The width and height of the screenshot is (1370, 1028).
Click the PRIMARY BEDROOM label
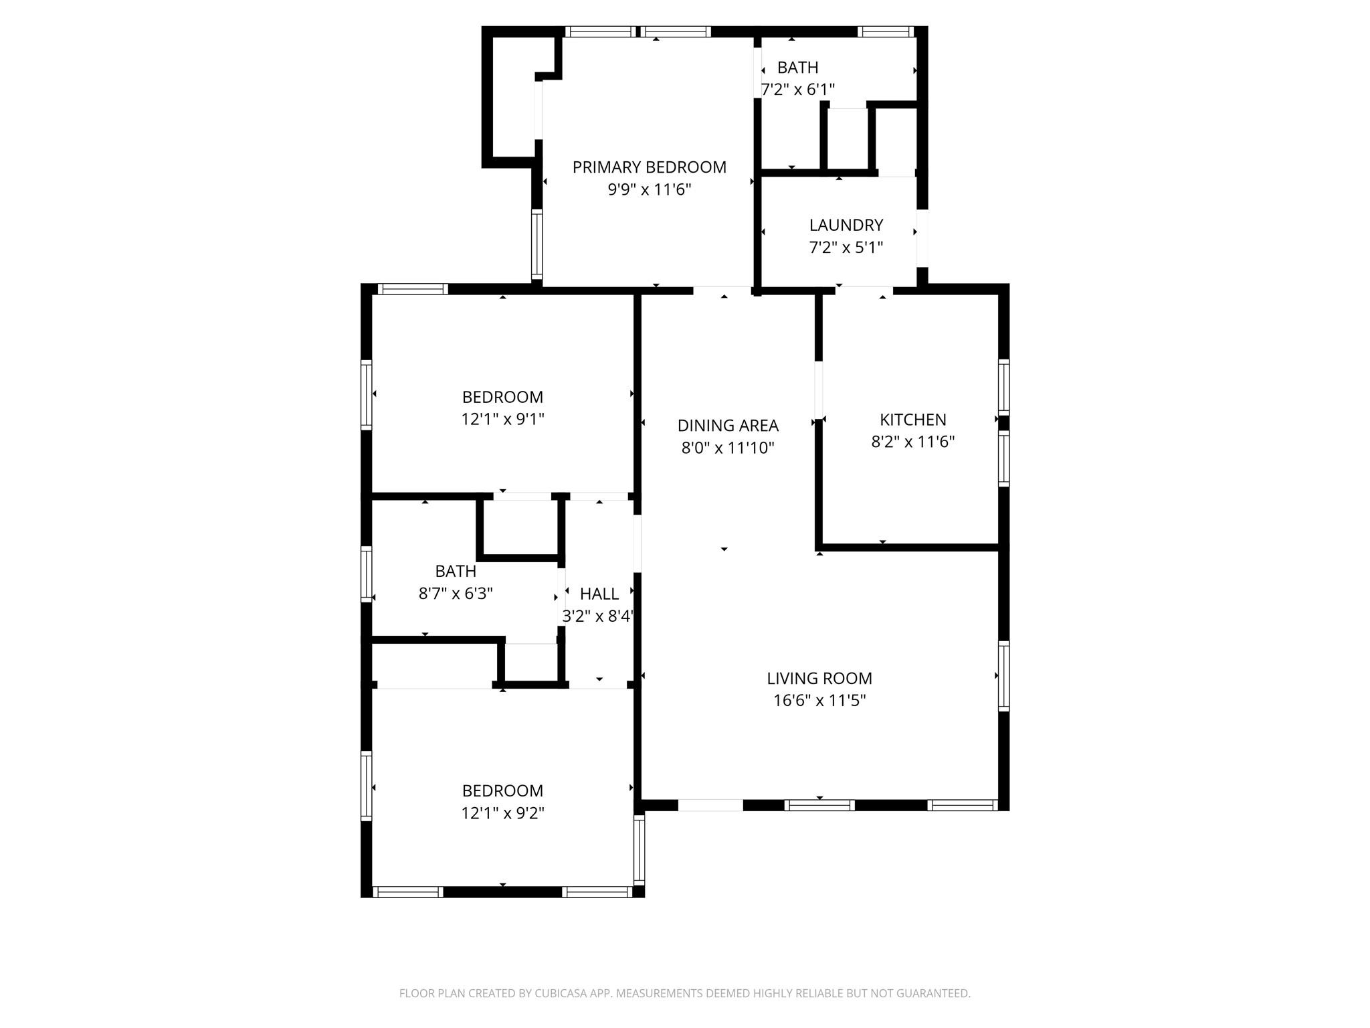(649, 167)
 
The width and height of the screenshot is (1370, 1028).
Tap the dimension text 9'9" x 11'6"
(649, 190)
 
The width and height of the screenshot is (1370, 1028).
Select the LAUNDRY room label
(846, 225)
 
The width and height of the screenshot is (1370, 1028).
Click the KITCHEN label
(912, 420)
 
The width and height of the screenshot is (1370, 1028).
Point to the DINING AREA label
(728, 426)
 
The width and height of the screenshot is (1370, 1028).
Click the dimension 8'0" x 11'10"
(728, 448)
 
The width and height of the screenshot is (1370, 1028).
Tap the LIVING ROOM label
(819, 679)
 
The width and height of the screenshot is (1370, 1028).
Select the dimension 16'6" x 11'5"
(819, 701)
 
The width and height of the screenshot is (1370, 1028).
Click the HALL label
(599, 594)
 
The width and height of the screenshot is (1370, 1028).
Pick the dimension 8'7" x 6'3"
(456, 594)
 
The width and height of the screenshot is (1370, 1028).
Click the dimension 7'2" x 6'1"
(797, 90)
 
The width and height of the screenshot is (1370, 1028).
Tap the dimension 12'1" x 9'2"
(502, 813)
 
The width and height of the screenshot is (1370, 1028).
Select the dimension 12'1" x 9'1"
(502, 420)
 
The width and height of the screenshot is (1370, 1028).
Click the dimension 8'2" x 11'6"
(912, 442)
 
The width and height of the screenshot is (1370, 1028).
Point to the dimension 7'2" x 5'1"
(846, 248)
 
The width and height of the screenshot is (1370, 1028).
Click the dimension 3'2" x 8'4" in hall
(597, 616)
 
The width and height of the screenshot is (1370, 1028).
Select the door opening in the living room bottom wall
(710, 805)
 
